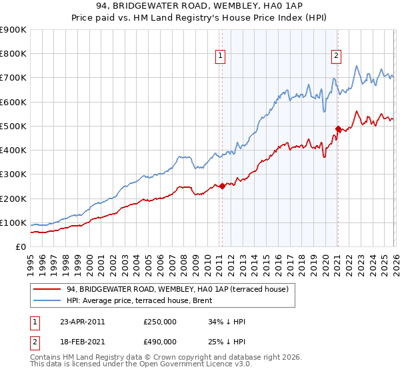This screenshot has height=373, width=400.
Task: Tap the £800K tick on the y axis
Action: coord(13,54)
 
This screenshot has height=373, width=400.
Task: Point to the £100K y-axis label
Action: coord(13,222)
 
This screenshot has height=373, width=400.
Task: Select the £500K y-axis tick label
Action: coord(13,126)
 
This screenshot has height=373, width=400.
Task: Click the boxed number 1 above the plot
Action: coord(220,57)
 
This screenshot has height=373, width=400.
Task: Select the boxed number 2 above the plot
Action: coord(337,57)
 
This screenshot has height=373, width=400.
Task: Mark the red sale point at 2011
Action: coord(222,186)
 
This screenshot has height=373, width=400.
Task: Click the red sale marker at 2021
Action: coord(338,129)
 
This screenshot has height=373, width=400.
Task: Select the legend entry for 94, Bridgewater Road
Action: coord(177,289)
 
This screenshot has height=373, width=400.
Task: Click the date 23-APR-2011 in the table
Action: coord(82,322)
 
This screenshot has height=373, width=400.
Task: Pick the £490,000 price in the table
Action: coord(159,341)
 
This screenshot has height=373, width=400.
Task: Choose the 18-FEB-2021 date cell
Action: coord(82,341)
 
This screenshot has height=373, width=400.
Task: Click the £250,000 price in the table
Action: coord(159,322)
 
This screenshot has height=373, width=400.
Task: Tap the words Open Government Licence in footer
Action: coord(171,366)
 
